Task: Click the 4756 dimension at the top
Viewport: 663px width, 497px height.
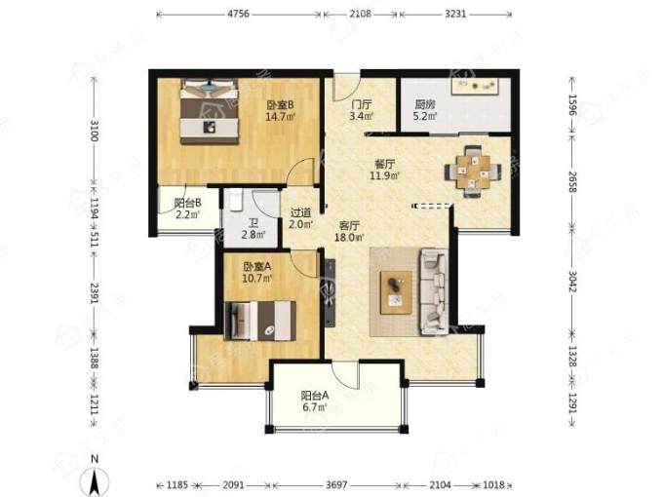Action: coord(239,14)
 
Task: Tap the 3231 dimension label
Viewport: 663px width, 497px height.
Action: coord(455,14)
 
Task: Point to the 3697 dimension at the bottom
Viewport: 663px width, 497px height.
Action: coord(336,484)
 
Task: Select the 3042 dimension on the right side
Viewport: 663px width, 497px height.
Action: coord(572,282)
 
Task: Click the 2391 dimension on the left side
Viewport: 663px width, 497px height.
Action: coord(94,293)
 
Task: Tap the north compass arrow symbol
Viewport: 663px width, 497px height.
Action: coord(96,479)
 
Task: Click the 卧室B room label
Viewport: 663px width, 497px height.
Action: coord(280,104)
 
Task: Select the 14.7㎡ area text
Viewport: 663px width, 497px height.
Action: coord(280,116)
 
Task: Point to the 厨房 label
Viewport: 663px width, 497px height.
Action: coord(424,104)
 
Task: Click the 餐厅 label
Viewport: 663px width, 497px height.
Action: coord(385,164)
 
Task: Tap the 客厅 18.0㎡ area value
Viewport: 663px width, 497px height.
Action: coord(349,238)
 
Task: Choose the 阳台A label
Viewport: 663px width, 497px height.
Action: coord(315,396)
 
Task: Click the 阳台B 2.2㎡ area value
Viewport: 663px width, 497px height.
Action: coord(188,214)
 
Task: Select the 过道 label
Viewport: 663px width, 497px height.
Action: coord(300,212)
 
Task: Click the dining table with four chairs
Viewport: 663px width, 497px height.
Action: coord(473,171)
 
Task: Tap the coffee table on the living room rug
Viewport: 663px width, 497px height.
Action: coord(396,292)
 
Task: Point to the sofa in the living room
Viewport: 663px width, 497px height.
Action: coord(434,292)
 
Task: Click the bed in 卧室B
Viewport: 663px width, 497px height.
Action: coord(210,111)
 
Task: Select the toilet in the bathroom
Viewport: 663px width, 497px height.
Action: coord(236,201)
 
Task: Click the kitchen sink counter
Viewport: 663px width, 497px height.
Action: coord(475,86)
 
